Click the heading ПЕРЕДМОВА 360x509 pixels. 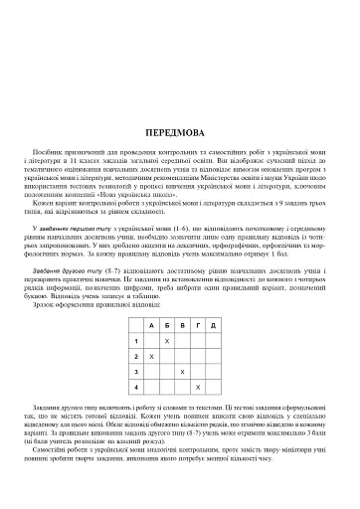180,130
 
